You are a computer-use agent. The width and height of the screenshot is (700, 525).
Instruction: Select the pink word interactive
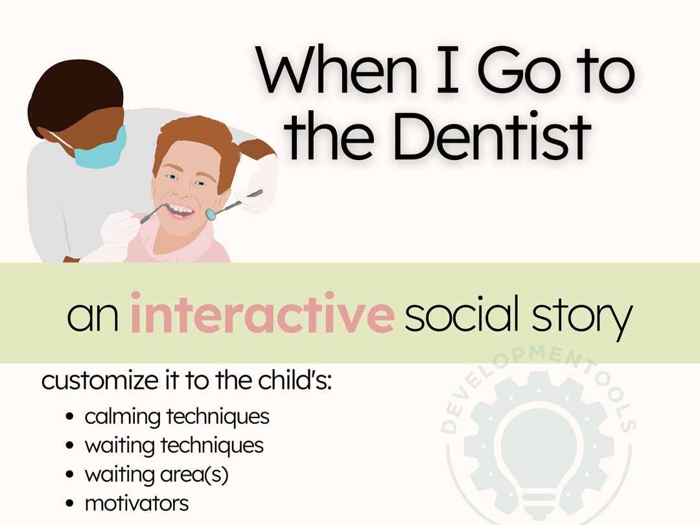click(x=262, y=314)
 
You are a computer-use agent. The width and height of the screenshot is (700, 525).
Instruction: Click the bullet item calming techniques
click(x=176, y=416)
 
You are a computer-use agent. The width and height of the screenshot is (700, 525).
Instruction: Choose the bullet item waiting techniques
click(x=174, y=445)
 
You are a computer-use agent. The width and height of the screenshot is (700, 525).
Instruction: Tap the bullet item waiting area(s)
click(x=156, y=474)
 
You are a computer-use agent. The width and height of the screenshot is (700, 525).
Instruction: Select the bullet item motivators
click(x=136, y=503)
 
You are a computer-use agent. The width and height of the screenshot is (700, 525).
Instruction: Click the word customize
click(x=96, y=381)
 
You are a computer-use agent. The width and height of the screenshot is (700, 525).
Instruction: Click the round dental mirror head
click(x=210, y=213)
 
